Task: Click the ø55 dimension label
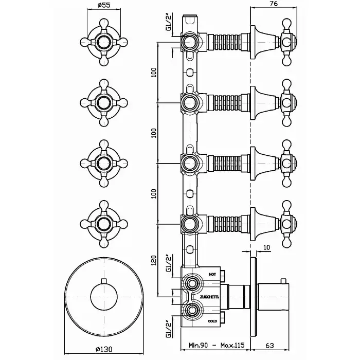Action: pyautogui.click(x=104, y=5)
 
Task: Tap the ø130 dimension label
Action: pyautogui.click(x=104, y=349)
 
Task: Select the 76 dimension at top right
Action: pyautogui.click(x=273, y=3)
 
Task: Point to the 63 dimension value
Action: pyautogui.click(x=269, y=345)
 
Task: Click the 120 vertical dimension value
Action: pyautogui.click(x=154, y=260)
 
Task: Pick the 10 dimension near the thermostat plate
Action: pyautogui.click(x=266, y=247)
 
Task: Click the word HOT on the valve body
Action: pyautogui.click(x=212, y=274)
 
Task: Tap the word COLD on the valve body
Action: pyautogui.click(x=212, y=321)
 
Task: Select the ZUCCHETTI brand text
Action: pyautogui.click(x=209, y=297)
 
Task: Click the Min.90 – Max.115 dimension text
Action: pyautogui.click(x=217, y=345)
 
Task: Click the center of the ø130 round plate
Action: pyautogui.click(x=104, y=297)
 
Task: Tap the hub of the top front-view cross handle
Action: pyautogui.click(x=104, y=42)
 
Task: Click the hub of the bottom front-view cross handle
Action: pyautogui.click(x=104, y=224)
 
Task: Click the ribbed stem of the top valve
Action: pyautogui.click(x=227, y=42)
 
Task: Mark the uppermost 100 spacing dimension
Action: pyautogui.click(x=154, y=73)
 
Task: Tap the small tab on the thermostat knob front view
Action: pyautogui.click(x=104, y=281)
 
